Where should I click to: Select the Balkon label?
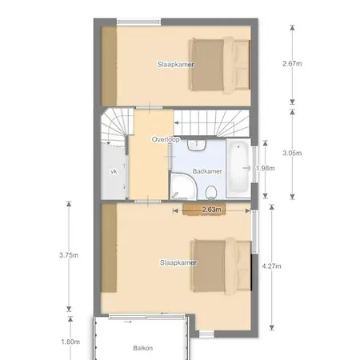click(x=143, y=348)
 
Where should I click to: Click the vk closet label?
click(x=113, y=171)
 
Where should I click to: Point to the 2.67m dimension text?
click(x=292, y=64)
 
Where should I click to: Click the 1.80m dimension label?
click(x=70, y=342)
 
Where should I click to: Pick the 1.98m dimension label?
click(x=266, y=169)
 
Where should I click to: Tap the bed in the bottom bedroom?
click(x=221, y=263)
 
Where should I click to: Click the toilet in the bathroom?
click(x=212, y=190)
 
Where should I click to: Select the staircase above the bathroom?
click(x=212, y=122)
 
